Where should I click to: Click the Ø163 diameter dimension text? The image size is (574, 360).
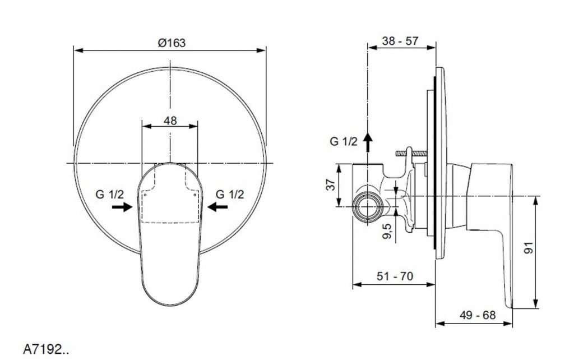tap(172, 43)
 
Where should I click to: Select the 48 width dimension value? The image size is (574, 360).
tap(170, 120)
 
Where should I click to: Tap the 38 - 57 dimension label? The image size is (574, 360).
tap(400, 40)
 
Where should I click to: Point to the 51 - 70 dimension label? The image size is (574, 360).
tap(395, 276)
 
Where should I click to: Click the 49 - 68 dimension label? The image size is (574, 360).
tap(478, 315)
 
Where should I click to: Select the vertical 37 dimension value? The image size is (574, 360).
tap(331, 184)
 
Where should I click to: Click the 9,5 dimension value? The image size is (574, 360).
tap(387, 231)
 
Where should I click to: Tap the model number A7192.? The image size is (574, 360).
tap(46, 350)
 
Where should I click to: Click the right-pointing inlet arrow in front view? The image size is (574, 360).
tap(122, 207)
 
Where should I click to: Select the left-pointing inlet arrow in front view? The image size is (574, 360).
tap(217, 207)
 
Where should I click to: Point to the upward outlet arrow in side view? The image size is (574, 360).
tap(368, 142)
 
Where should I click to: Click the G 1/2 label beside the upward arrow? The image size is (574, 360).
tap(344, 141)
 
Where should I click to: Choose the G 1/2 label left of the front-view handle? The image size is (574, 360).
tap(110, 194)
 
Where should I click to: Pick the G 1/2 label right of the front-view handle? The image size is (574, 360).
tap(229, 194)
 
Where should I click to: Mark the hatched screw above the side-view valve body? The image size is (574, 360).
tap(411, 153)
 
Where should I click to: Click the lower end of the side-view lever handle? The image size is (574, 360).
tap(509, 307)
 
